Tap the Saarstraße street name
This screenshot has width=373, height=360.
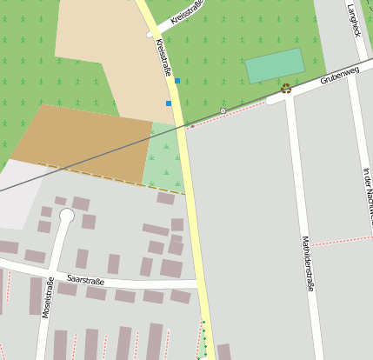(86, 281)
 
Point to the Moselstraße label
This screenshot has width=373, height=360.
(48, 297)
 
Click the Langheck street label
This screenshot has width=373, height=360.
(353, 19)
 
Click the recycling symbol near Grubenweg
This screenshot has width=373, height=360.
(285, 88)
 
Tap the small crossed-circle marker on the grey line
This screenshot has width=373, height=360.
(223, 110)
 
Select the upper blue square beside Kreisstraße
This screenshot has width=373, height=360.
(177, 81)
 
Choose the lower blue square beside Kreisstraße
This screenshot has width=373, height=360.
(169, 103)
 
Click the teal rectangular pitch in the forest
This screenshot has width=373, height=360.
(275, 66)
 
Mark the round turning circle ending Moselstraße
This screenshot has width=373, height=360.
(66, 216)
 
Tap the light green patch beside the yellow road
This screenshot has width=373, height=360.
(163, 157)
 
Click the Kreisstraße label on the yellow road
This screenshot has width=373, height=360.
(163, 57)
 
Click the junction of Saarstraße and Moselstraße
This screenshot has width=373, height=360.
(50, 277)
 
